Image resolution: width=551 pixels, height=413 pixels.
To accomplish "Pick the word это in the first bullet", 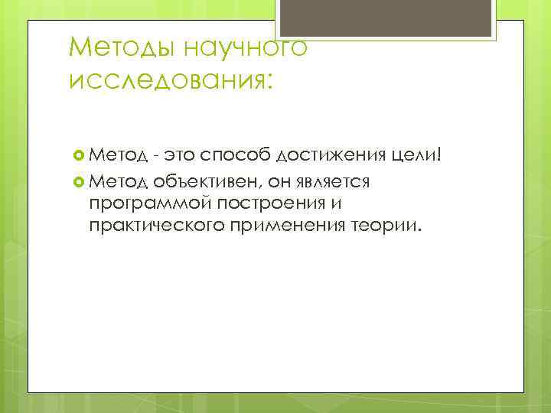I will [x=174, y=157].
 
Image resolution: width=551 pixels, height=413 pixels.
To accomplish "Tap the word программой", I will [x=149, y=204].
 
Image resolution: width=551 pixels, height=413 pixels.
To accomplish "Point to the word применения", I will [x=288, y=227].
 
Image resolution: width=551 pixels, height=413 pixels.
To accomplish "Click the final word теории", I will [x=390, y=227].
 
